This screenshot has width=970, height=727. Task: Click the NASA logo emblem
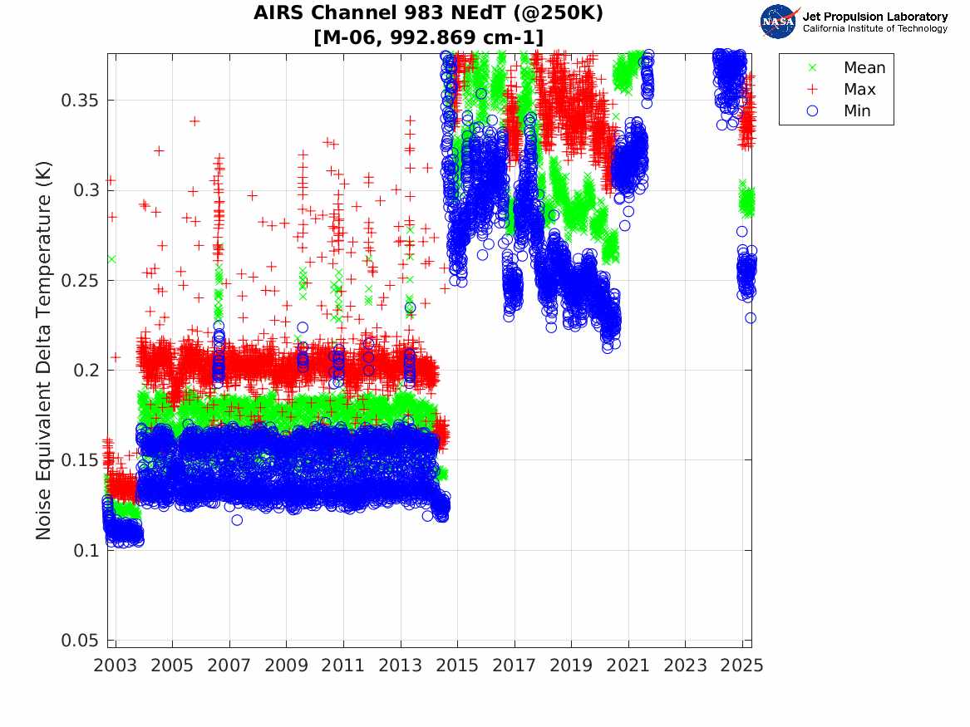(x=779, y=21)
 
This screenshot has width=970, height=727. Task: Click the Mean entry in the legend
(x=864, y=68)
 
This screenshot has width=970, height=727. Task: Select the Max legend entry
(x=859, y=90)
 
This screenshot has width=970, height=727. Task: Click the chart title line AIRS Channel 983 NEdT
(x=429, y=13)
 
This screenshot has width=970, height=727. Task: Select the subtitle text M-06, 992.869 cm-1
(x=429, y=37)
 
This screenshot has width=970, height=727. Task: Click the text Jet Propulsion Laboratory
(x=874, y=16)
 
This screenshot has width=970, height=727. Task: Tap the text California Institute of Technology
(x=874, y=28)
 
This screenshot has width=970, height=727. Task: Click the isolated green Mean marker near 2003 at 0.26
(x=111, y=259)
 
